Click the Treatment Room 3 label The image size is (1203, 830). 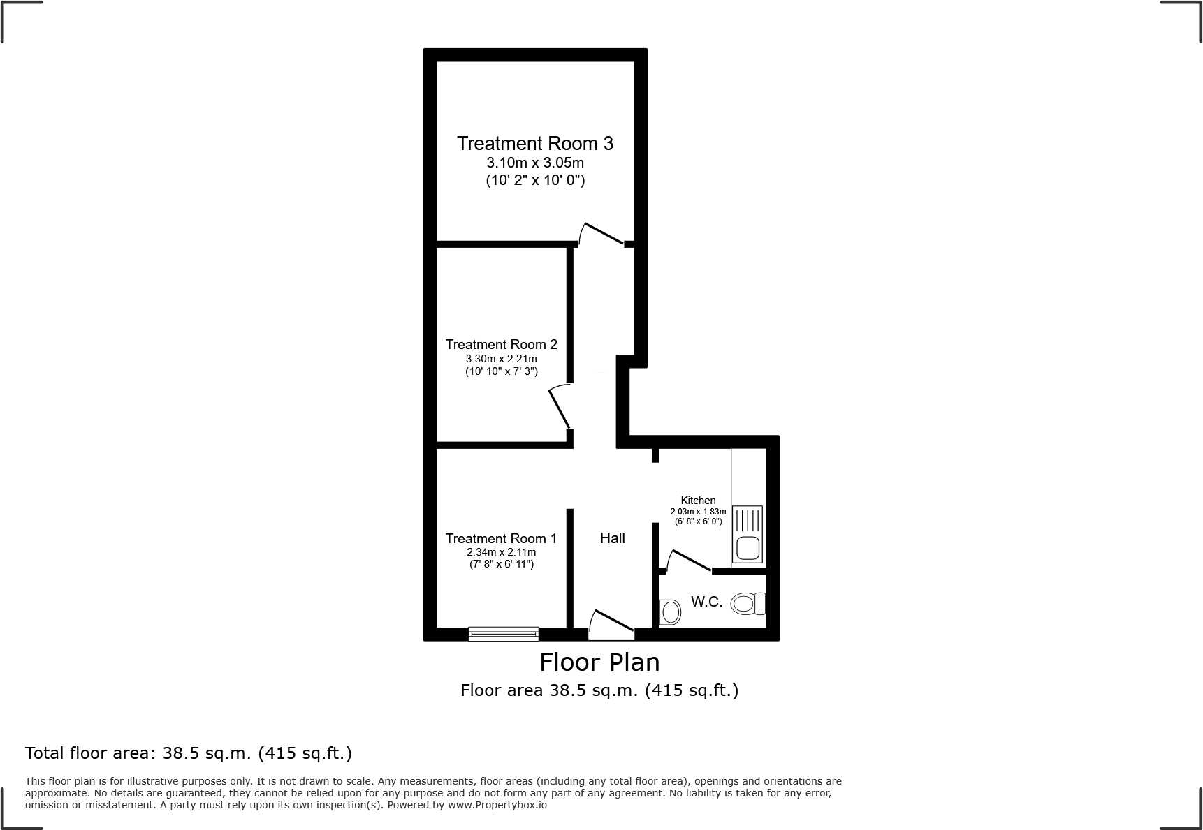pos(535,144)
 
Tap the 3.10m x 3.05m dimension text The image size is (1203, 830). pos(535,163)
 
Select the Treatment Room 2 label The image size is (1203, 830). pos(501,344)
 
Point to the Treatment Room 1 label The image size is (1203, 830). pos(501,538)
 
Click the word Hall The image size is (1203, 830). pos(612,538)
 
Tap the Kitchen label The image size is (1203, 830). pos(698,500)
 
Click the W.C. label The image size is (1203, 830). pos(706,602)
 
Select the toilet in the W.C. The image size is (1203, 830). pos(748,603)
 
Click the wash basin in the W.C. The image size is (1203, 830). pos(671,612)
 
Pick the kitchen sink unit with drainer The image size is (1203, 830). pos(748,535)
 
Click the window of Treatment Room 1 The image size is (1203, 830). pos(504,633)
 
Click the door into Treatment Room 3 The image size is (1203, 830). pos(601,235)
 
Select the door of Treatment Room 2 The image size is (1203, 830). pos(560,408)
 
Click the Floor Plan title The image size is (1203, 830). pos(599,662)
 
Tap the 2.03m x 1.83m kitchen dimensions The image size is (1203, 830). pos(698,512)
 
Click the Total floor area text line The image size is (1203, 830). pos(189,753)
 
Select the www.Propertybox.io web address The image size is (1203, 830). pos(497,805)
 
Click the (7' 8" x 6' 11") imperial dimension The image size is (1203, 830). pos(501,564)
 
